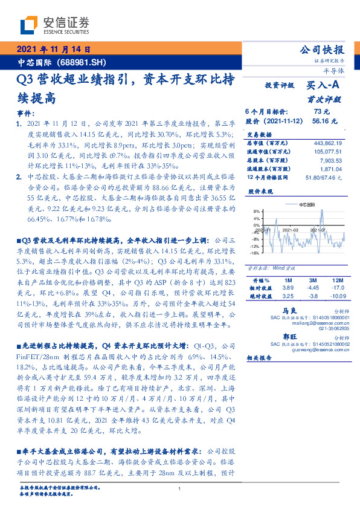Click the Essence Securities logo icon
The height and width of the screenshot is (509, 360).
(x=30, y=25)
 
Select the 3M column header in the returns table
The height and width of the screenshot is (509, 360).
(x=313, y=282)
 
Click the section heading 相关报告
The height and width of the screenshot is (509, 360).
(x=260, y=358)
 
